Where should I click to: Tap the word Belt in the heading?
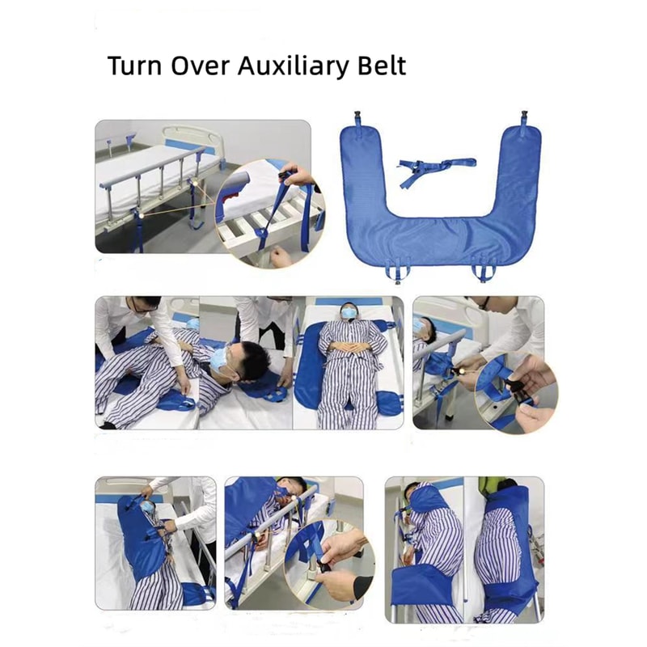click(x=380, y=66)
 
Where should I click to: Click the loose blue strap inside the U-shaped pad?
click(x=432, y=169)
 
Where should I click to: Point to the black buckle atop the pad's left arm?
click(x=356, y=117)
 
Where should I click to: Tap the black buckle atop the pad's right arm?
click(x=523, y=117)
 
